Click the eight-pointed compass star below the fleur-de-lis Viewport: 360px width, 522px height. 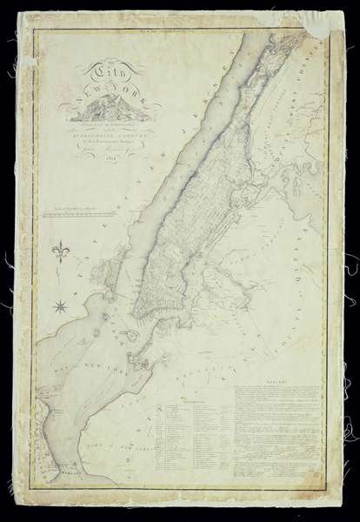click(62, 304)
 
